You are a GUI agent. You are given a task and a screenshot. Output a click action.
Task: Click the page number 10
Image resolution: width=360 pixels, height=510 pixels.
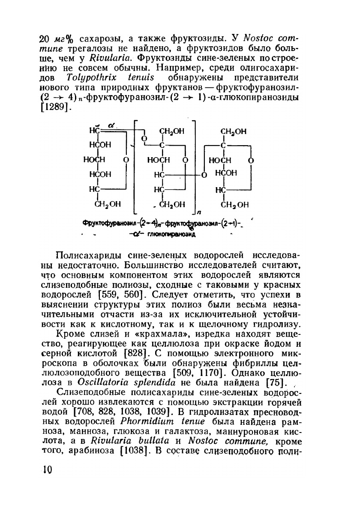[x=47, y=470]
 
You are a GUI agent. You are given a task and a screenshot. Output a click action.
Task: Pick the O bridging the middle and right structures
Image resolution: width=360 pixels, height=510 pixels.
[x=204, y=175]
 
